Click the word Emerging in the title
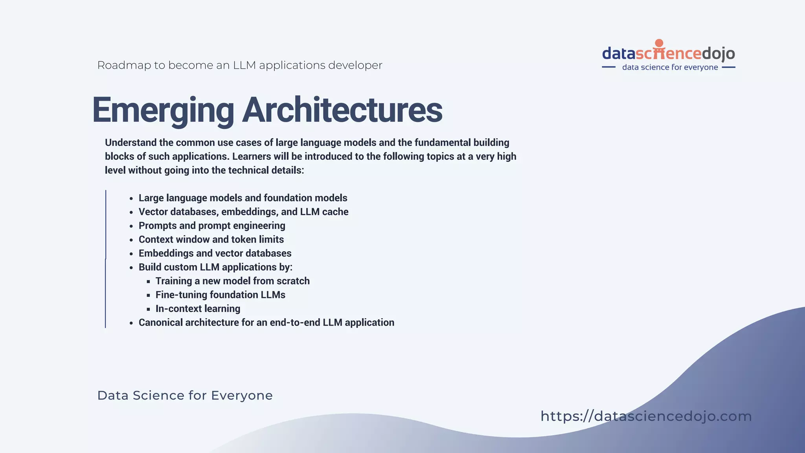[x=163, y=110]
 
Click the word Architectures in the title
[x=342, y=110]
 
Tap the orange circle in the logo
[x=659, y=43]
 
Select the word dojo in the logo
[x=718, y=53]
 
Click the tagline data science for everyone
[x=670, y=67]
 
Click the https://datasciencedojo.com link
[x=646, y=416]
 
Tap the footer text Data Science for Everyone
[x=185, y=395]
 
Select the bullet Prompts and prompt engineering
[x=212, y=226]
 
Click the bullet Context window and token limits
[x=211, y=239]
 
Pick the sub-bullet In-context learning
[x=198, y=309]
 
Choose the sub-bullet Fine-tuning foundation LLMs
[x=220, y=295]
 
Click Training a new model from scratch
[x=232, y=281]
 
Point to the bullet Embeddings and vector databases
[x=215, y=253]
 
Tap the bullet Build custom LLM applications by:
[x=215, y=267]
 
